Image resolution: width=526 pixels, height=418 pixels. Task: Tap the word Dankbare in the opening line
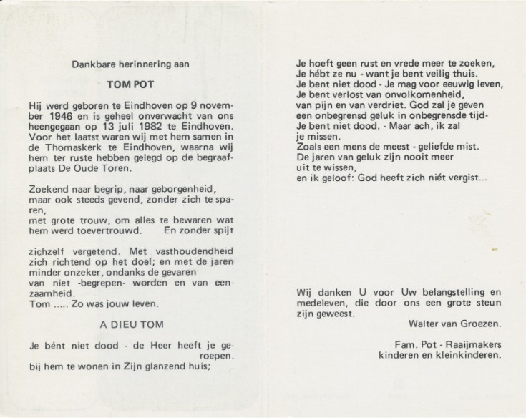(92, 64)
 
